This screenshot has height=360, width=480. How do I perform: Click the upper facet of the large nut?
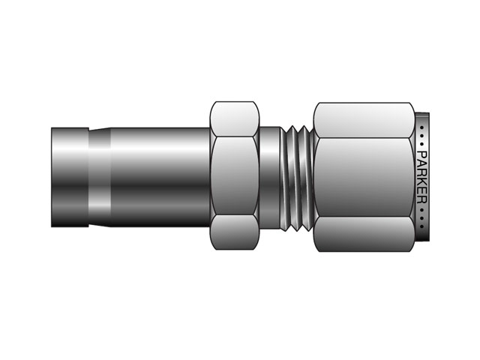(x=363, y=118)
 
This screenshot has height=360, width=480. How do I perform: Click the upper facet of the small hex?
(x=235, y=118)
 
